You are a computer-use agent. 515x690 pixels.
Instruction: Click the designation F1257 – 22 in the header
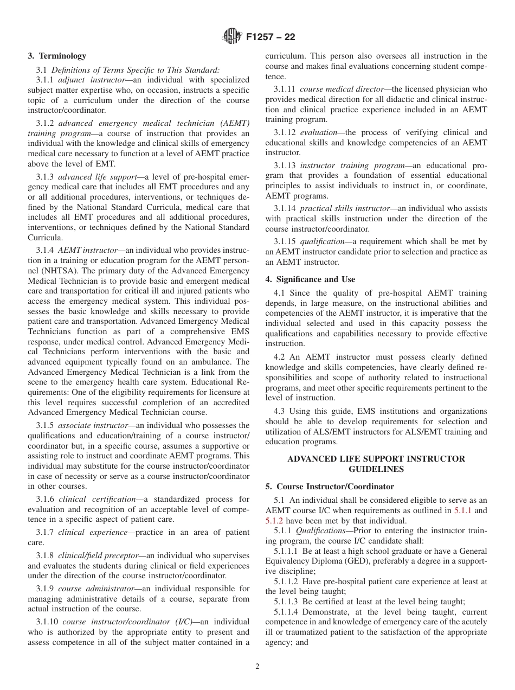pos(271,37)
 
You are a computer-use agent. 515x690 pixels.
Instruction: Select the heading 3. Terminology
pos(57,56)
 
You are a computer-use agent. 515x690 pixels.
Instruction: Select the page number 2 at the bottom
pos(257,667)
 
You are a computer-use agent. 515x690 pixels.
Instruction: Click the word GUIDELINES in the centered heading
pos(376,469)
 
